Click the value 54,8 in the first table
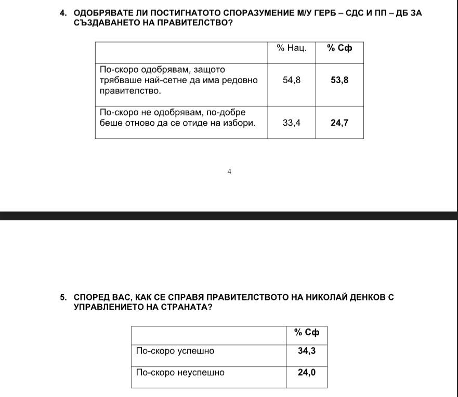[x=291, y=81]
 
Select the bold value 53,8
[x=339, y=81]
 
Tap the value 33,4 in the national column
[x=291, y=123]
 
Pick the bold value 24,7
[x=339, y=123]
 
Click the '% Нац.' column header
[x=291, y=48]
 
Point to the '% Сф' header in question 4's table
[x=339, y=48]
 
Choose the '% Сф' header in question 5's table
[x=307, y=333]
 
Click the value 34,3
[x=307, y=351]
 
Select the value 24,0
[x=307, y=373]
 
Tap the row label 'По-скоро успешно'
[x=175, y=351]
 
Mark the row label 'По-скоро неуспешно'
[x=180, y=373]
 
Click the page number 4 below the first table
[x=229, y=171]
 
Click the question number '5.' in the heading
[x=63, y=298]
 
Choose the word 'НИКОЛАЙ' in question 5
[x=320, y=298]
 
